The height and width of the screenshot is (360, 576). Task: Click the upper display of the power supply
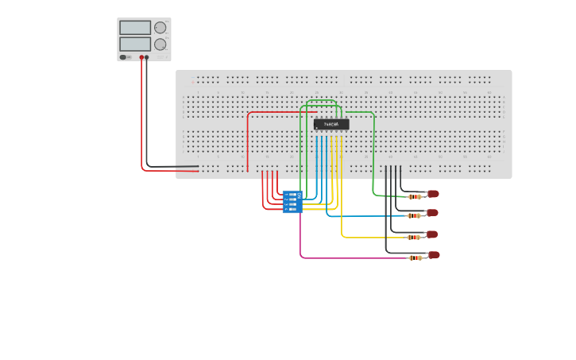tap(134, 28)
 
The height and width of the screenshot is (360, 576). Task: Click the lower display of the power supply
tap(134, 45)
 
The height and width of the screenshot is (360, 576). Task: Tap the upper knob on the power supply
tap(160, 28)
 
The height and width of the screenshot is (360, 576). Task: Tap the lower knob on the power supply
tap(160, 45)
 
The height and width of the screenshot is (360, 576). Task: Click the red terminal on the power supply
tap(142, 57)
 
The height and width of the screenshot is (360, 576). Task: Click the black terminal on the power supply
tap(147, 57)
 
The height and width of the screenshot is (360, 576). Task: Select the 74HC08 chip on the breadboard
tap(331, 125)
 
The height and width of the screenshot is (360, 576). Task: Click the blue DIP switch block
tap(292, 202)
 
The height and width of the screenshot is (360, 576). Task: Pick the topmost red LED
tap(433, 194)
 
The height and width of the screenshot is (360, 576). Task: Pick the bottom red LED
tap(434, 255)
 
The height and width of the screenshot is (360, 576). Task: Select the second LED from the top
tap(432, 213)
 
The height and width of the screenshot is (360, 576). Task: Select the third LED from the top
tap(432, 234)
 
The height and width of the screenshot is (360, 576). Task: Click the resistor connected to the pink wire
tap(415, 257)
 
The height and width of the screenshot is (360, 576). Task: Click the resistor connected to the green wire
tap(415, 196)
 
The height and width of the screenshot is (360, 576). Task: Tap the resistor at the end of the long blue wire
tap(414, 215)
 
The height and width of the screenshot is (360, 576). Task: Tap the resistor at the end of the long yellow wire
tap(414, 237)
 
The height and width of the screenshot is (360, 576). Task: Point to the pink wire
tap(350, 257)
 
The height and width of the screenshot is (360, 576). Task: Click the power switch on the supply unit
tap(124, 57)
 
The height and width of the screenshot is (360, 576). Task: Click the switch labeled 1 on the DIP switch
tap(293, 194)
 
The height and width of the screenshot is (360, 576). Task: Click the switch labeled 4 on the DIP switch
tap(293, 209)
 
